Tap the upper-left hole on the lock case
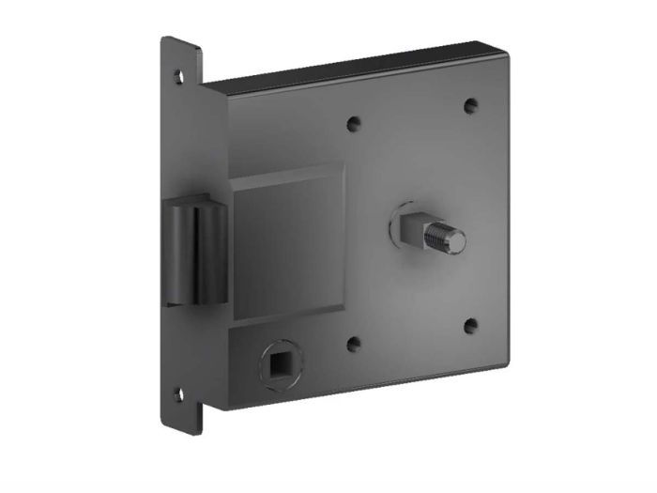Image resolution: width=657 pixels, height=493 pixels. click(354, 122)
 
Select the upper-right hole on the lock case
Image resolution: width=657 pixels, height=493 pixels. click(470, 106)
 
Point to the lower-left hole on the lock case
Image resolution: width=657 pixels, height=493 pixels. click(354, 344)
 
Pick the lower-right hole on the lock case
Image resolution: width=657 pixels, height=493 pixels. click(470, 326)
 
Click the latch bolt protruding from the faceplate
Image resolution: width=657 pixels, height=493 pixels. click(192, 252)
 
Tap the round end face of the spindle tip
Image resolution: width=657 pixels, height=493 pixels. click(456, 242)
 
